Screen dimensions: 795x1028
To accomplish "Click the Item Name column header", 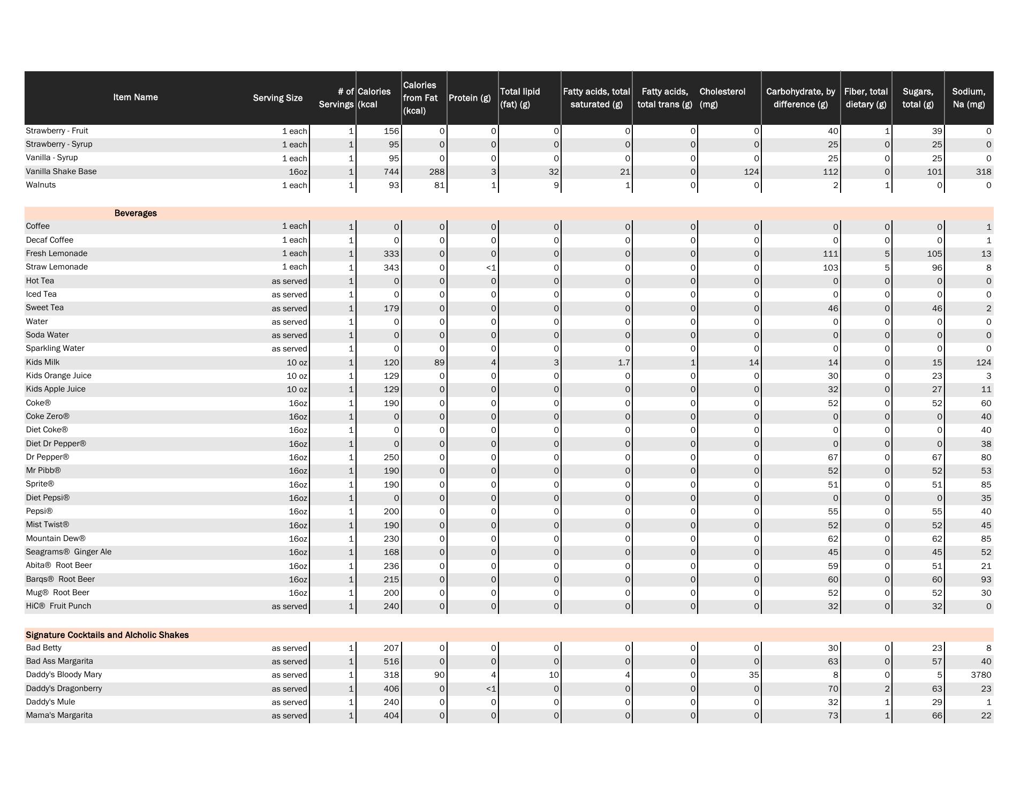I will (x=135, y=97).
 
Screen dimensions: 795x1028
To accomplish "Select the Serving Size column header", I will (x=277, y=98).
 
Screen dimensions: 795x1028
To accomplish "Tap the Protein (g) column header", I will (x=470, y=98).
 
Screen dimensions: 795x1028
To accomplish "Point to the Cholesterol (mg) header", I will (x=722, y=98).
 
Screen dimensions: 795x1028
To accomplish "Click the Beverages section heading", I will (x=135, y=213).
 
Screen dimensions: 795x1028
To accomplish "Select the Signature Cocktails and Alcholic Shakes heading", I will (x=107, y=635).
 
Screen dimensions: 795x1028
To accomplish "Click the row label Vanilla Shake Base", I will (x=61, y=171).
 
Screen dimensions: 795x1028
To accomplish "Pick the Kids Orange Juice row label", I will (x=58, y=376).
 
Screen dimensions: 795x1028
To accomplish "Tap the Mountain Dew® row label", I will (x=56, y=538).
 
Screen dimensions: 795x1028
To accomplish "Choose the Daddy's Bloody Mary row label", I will (x=64, y=674).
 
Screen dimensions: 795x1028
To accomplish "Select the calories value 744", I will (x=391, y=172).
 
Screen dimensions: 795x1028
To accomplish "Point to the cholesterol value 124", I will (x=751, y=172).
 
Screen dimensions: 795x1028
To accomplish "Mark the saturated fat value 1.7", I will (x=623, y=363).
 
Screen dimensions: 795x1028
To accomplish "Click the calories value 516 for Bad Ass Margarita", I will (x=391, y=662).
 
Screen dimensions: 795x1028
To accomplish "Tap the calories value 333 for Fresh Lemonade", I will (x=391, y=254).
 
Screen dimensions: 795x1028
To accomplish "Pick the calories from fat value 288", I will (x=436, y=172).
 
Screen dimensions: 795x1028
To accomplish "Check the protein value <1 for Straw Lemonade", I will (x=491, y=267).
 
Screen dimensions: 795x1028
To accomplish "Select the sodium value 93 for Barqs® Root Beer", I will (x=986, y=579).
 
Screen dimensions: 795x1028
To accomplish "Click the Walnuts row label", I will (x=41, y=185).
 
